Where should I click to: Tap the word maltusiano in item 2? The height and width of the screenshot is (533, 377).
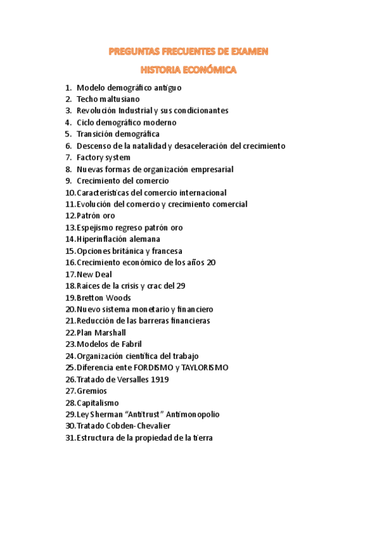pos(117,99)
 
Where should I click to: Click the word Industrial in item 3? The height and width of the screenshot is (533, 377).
pos(133,111)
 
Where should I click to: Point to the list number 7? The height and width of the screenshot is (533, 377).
pos(68,157)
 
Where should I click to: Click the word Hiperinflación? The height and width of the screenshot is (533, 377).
pos(103,239)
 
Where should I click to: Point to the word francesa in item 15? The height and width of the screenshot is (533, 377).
pos(165,251)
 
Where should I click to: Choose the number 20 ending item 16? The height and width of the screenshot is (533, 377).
pos(211,262)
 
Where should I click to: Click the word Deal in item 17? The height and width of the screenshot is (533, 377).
pos(103,274)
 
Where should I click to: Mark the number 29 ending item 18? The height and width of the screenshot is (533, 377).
pos(181,285)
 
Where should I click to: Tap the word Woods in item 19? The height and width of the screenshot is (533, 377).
pos(118,297)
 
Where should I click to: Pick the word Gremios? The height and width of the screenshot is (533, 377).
pos(92,391)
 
